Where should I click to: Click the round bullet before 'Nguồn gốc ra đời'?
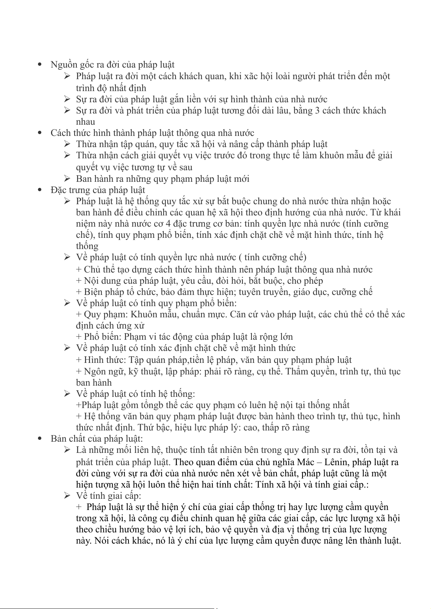40,65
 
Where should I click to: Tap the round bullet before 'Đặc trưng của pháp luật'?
40,190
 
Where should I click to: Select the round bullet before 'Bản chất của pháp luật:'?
40,439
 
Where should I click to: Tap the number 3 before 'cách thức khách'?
317,111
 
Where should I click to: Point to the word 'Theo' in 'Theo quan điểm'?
184,462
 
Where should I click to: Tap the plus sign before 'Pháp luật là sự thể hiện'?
79,507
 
